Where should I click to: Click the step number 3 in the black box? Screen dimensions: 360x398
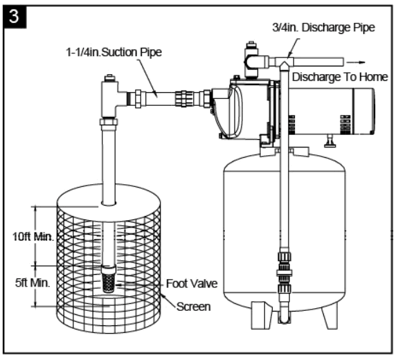point(13,14)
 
